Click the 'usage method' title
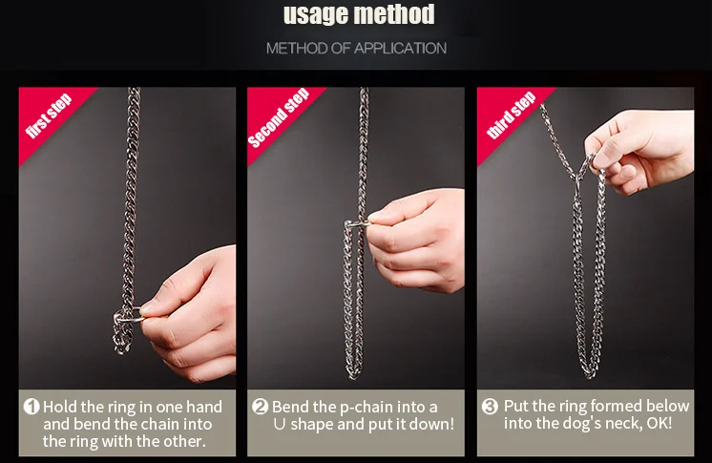(359, 15)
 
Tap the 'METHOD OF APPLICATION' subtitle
(356, 48)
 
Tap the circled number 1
(31, 407)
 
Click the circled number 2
(260, 407)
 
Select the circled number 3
(490, 406)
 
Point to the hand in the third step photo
(640, 150)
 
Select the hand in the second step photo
(415, 241)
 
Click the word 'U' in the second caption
(280, 425)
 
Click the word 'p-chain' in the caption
(366, 407)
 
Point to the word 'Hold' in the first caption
(60, 407)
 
